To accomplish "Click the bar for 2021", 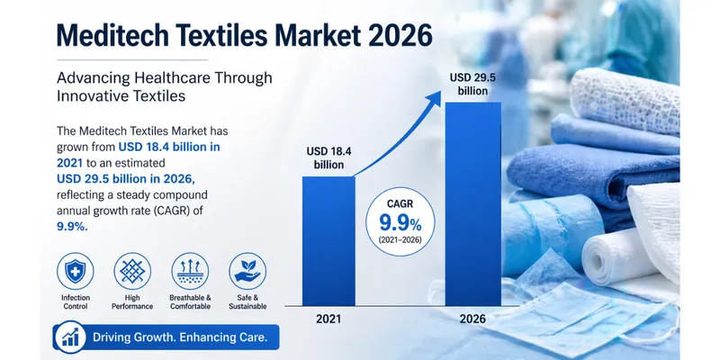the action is coord(328,241).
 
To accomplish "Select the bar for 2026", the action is coord(473,204).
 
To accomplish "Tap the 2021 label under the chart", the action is coord(328,319).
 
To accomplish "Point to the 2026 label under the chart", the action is coord(473,319).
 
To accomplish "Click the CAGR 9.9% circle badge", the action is coord(400,221).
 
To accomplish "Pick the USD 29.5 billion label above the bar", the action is coord(472,84).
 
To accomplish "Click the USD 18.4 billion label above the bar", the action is coord(328,158).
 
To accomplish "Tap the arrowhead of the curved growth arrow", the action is coord(433,97).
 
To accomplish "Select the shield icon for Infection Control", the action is coord(76,271).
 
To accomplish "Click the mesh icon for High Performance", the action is coord(132,271).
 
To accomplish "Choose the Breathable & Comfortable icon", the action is coord(190,271).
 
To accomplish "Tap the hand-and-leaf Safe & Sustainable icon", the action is coord(247,271).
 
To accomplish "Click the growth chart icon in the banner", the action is coord(70,337).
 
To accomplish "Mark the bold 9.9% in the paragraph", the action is coord(72,226).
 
